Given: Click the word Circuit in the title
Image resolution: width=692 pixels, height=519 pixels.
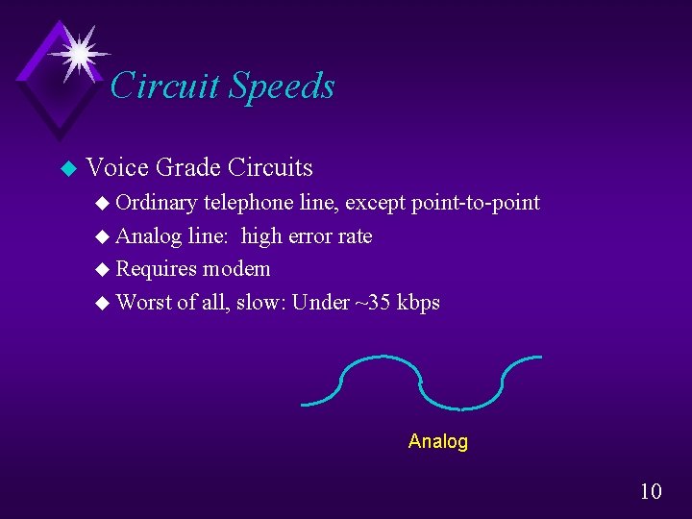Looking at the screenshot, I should (x=165, y=86).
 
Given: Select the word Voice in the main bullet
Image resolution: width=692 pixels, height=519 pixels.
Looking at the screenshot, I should (x=116, y=167).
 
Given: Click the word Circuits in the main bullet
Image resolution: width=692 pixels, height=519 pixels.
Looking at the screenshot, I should (x=270, y=167).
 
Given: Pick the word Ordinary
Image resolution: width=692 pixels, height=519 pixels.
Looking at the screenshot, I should (x=160, y=203).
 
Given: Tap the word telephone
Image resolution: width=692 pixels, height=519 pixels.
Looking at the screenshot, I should (x=247, y=203).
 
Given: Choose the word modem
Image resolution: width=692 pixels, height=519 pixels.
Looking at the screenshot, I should (x=235, y=269).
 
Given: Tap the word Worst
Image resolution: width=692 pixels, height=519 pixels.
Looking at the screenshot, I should (x=143, y=302).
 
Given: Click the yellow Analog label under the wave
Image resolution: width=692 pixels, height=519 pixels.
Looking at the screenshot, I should (x=437, y=442).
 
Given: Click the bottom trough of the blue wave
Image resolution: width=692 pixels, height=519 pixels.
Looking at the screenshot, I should (x=459, y=407).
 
